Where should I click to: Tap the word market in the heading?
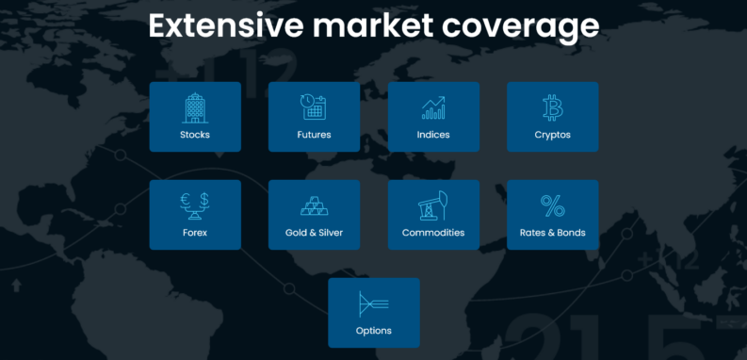(373, 26)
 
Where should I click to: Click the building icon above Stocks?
(195, 107)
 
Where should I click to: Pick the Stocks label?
(195, 135)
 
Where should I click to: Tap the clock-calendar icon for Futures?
(314, 107)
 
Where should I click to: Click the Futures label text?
(314, 135)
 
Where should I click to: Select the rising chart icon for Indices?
(433, 107)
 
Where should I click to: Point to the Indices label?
(433, 135)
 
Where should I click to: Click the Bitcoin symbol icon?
(552, 107)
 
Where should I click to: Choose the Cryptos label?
(552, 135)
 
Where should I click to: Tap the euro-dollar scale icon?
(195, 205)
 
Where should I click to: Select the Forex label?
(195, 233)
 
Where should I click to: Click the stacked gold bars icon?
(314, 205)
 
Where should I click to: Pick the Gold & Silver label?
(314, 233)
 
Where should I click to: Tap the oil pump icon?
(433, 205)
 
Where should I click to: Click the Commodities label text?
(433, 233)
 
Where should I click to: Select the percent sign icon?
(552, 205)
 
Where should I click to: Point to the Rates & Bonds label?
(552, 233)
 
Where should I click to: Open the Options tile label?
(374, 331)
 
